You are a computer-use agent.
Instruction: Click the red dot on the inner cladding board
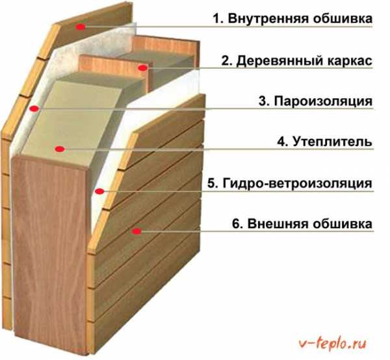[x=81, y=27]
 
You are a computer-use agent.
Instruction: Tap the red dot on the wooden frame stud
[x=143, y=68]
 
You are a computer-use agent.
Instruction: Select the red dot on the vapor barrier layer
[x=34, y=109]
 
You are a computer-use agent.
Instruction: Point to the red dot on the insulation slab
[x=60, y=149]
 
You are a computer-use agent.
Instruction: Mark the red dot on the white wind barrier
[x=99, y=191]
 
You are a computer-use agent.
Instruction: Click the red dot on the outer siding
[x=136, y=231]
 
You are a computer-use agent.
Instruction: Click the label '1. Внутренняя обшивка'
[x=292, y=19]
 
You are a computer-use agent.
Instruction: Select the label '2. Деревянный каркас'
[x=297, y=61]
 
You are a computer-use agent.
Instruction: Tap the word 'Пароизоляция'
[x=323, y=101]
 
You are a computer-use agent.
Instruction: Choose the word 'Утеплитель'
[x=332, y=142]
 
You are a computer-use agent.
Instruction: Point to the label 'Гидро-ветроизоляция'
[x=297, y=183]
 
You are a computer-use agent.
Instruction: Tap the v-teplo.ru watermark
[x=333, y=344]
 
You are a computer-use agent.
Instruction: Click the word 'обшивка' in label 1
[x=343, y=19]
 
